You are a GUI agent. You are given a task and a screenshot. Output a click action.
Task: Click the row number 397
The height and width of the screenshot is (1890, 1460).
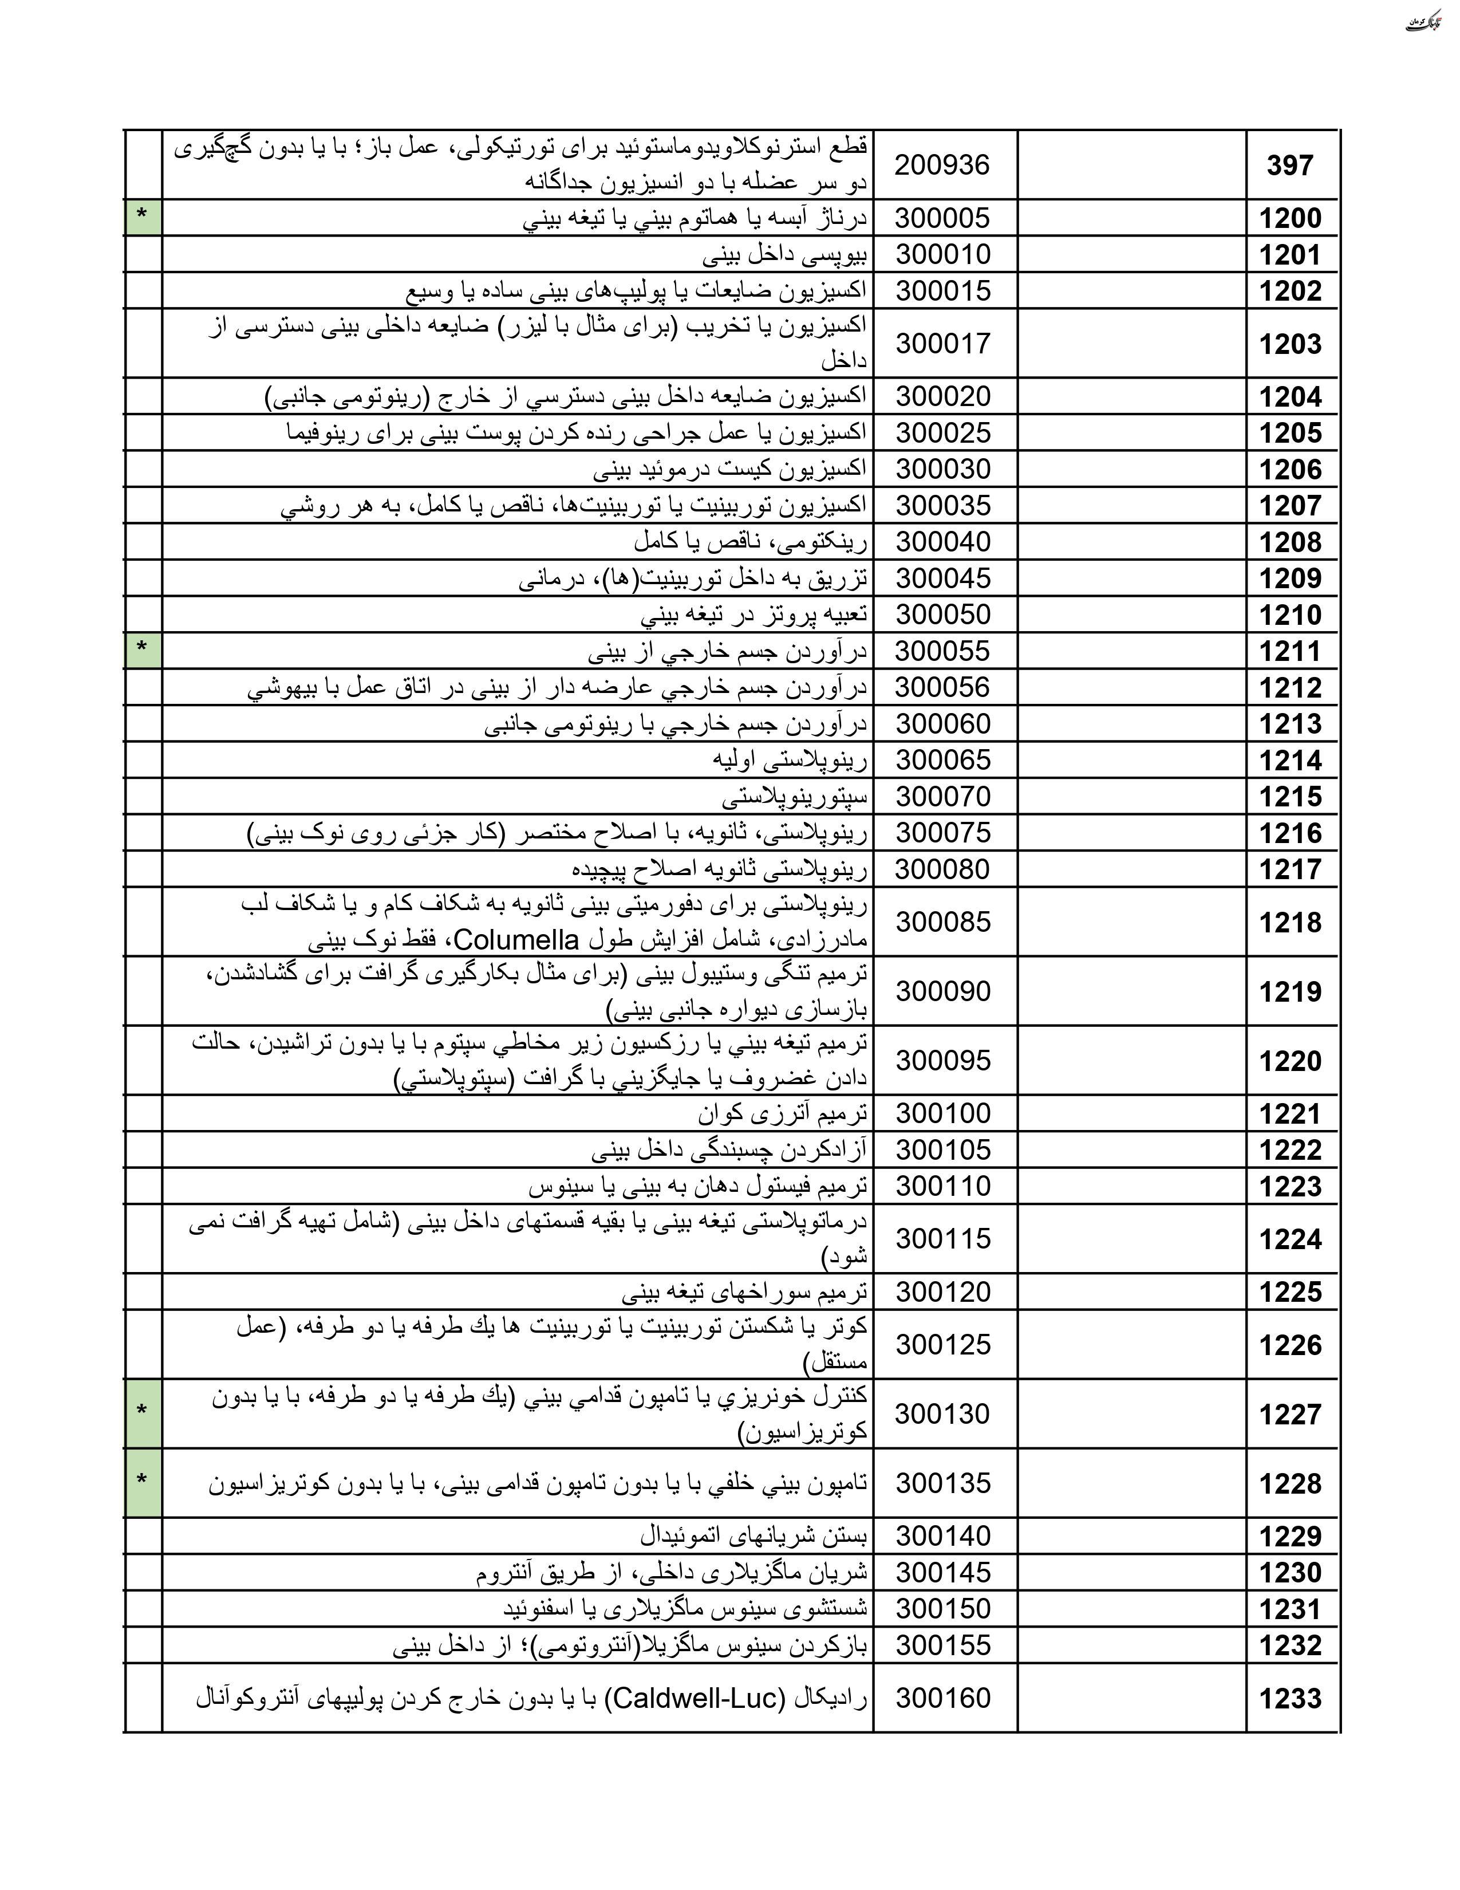click(x=1289, y=166)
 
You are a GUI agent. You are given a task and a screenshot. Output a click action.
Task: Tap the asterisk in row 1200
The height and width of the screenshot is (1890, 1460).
click(x=142, y=216)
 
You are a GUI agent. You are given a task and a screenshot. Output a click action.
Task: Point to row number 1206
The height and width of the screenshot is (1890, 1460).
click(x=1289, y=469)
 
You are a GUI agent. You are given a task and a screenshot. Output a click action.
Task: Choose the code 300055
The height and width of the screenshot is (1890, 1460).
click(x=942, y=651)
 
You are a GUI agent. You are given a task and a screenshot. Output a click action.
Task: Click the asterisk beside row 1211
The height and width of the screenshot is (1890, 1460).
click(x=142, y=649)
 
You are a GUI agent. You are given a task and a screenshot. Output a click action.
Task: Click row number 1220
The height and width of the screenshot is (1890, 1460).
click(x=1289, y=1061)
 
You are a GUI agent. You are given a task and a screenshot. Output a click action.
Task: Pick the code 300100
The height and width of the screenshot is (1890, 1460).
click(x=942, y=1113)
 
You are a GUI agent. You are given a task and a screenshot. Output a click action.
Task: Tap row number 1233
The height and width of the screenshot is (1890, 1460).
click(x=1289, y=1699)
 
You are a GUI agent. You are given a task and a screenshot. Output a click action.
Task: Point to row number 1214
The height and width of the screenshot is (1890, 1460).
click(x=1289, y=761)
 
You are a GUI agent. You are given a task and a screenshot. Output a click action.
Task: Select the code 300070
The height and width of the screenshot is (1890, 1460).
click(x=942, y=796)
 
